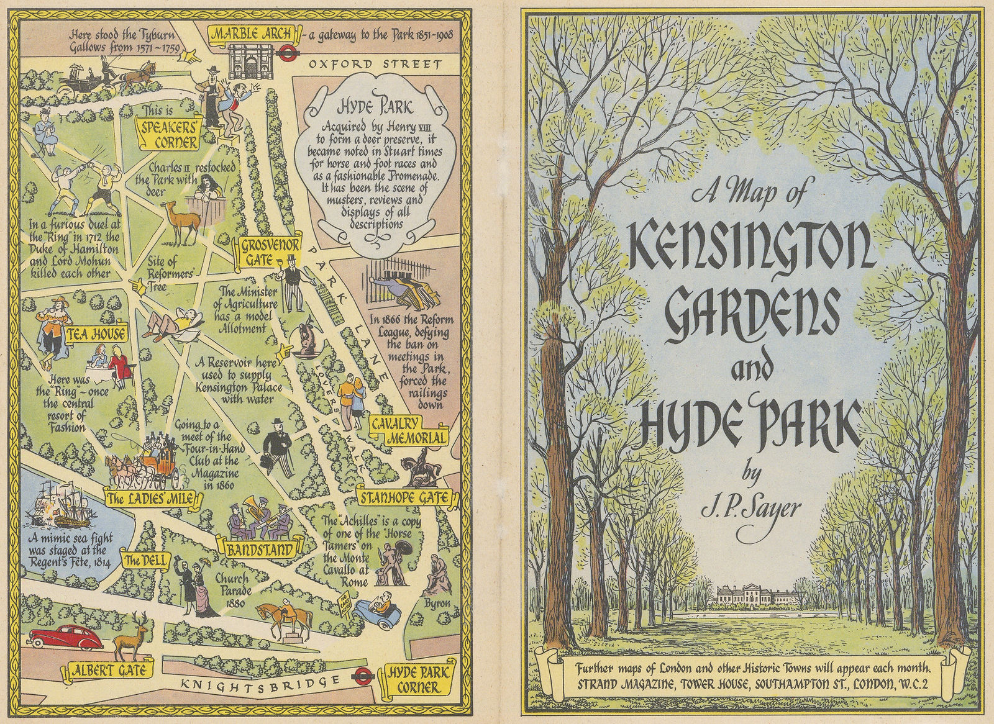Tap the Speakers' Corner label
pyautogui.click(x=168, y=136)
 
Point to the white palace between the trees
pyautogui.click(x=759, y=595)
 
